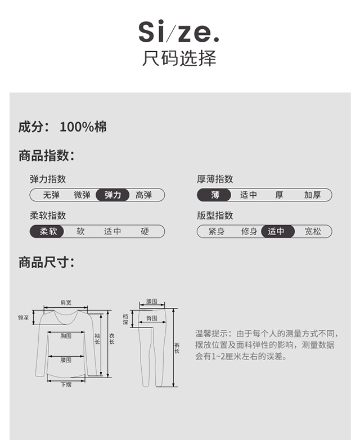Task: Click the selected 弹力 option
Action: tap(113, 195)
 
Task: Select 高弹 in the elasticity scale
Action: tap(144, 195)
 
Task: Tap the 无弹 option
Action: tap(51, 195)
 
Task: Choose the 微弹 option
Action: tap(82, 195)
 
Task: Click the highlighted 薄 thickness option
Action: tap(215, 195)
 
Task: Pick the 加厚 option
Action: tap(312, 195)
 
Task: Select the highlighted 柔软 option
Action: tap(48, 231)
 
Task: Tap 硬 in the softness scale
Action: tap(145, 231)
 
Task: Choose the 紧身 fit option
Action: tap(217, 231)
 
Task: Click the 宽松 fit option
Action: tap(313, 231)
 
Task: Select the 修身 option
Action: tap(249, 231)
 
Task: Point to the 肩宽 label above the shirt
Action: tap(66, 302)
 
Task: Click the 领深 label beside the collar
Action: tap(23, 318)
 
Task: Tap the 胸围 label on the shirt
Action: tap(66, 336)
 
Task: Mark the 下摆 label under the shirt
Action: tap(66, 385)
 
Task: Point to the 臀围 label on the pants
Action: tap(151, 318)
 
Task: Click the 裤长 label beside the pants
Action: tap(177, 348)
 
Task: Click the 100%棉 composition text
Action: tap(83, 127)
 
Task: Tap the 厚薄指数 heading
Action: tap(215, 179)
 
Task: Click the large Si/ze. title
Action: tap(179, 32)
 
